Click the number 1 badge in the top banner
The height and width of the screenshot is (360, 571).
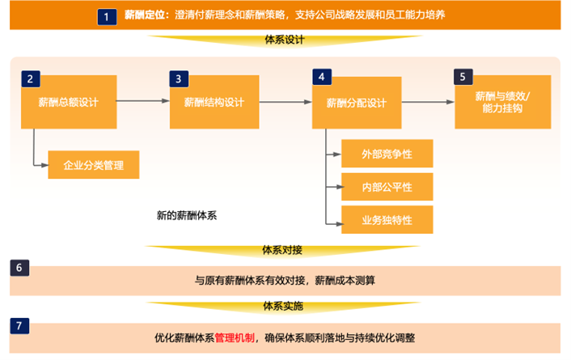(107, 17)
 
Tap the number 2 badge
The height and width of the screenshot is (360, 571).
(31, 78)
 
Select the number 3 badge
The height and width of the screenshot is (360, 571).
(179, 78)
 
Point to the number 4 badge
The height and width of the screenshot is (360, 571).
(322, 77)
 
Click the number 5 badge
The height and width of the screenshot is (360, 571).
(463, 77)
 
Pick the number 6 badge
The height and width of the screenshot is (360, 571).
(19, 268)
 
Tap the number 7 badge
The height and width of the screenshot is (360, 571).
(19, 326)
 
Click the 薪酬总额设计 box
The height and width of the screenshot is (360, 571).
(69, 102)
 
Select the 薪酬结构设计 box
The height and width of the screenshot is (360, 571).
(214, 102)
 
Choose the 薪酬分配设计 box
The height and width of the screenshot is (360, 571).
(357, 103)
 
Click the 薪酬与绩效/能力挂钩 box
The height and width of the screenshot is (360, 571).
(503, 102)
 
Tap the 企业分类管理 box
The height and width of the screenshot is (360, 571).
(94, 165)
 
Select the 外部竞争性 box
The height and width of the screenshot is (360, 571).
(387, 154)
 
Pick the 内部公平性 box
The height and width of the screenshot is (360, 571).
(387, 187)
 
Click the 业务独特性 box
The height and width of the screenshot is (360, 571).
(387, 220)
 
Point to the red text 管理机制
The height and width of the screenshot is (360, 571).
(235, 338)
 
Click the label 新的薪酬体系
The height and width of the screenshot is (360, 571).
(187, 215)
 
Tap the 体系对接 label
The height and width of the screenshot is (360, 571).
(282, 250)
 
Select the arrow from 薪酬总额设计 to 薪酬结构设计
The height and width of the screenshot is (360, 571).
(143, 100)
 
